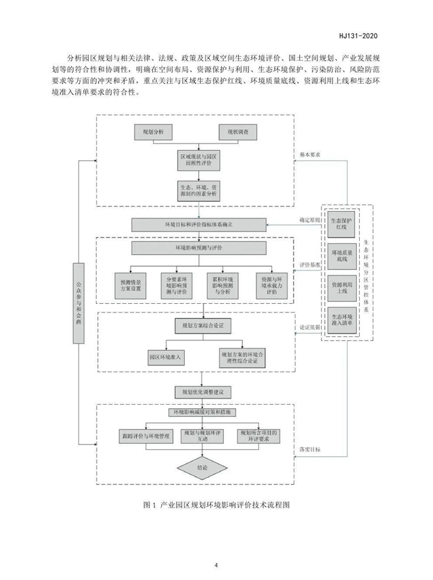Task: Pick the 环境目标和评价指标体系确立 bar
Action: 193,223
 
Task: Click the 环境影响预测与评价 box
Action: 193,248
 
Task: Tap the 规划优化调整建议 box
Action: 193,391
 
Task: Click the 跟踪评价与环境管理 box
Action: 144,434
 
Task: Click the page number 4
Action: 216,565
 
